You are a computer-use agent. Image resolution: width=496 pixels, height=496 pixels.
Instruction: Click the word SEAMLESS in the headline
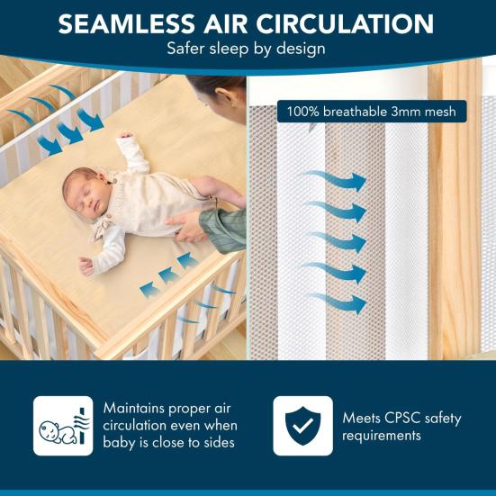tap(127, 23)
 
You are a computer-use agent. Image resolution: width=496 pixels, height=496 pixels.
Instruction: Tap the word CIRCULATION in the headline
tap(345, 23)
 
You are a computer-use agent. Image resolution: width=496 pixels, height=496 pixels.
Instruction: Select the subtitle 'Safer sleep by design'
tap(246, 49)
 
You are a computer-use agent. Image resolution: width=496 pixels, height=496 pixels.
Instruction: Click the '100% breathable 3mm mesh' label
tap(372, 112)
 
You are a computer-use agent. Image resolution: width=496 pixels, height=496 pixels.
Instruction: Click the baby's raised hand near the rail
tap(125, 136)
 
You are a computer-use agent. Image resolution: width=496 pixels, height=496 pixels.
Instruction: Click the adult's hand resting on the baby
tap(186, 225)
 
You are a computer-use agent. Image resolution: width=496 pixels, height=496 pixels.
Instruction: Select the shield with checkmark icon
tap(302, 426)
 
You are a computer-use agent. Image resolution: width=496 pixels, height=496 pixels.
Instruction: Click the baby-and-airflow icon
tap(63, 426)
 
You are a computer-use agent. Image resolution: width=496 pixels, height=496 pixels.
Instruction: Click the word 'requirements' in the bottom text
tap(382, 436)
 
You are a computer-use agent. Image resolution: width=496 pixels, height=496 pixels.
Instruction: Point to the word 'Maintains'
tap(134, 408)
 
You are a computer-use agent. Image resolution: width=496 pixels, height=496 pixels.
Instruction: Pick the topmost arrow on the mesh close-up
tap(334, 181)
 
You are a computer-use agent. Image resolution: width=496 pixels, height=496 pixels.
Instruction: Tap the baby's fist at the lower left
tap(86, 266)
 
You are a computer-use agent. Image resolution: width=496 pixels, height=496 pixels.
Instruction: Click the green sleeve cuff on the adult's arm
tap(223, 230)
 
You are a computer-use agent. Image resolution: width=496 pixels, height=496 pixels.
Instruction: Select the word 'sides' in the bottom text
tap(220, 443)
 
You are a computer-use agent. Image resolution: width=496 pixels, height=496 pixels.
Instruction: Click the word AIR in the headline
tap(225, 23)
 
